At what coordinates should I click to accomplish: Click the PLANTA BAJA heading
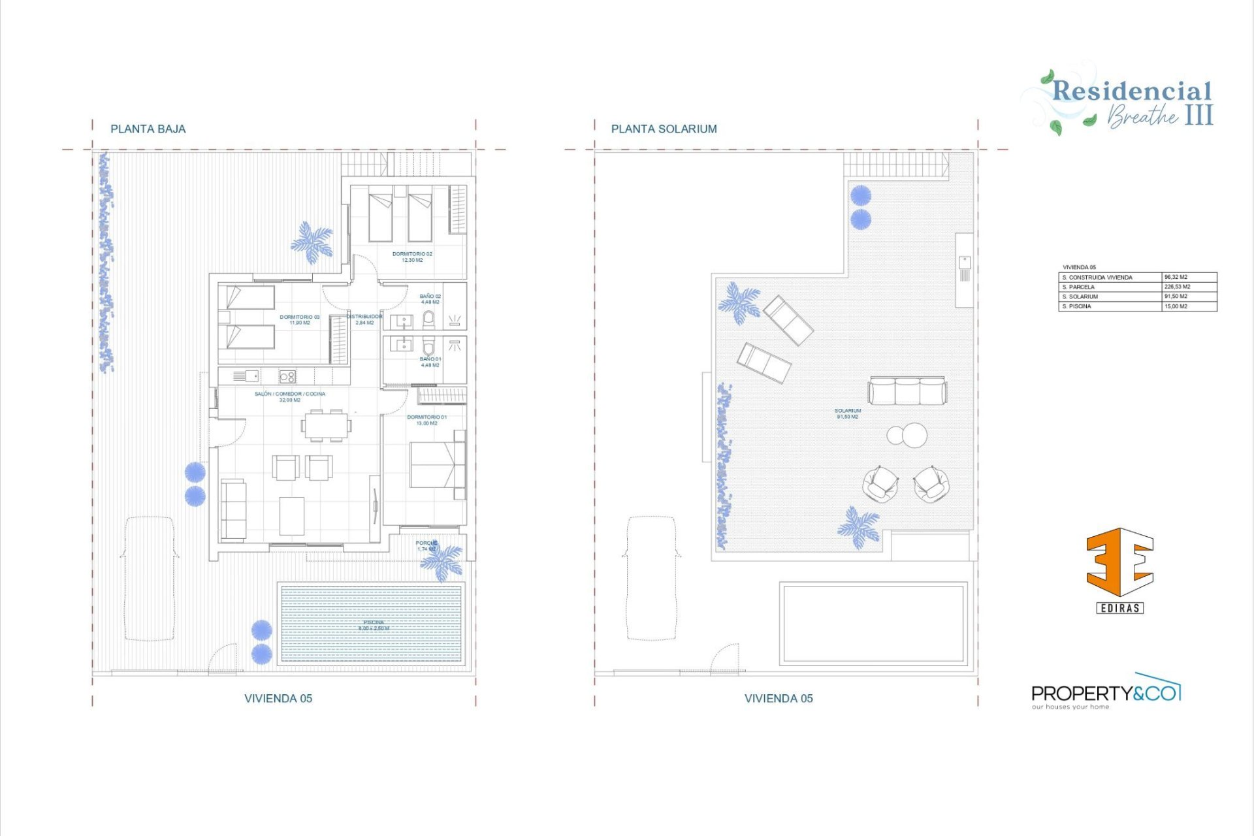148,129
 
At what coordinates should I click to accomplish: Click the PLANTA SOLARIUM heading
664,129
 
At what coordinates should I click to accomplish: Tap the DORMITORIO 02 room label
411,257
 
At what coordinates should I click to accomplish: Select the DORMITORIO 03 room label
300,319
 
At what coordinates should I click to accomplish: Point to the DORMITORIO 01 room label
426,420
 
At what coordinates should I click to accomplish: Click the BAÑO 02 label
430,299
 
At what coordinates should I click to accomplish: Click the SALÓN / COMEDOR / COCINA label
289,396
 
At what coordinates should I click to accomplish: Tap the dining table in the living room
326,426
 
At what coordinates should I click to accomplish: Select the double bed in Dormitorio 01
432,465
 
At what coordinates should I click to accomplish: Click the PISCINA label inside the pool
374,625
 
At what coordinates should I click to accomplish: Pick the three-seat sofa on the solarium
907,391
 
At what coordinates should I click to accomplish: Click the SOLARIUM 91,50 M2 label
847,413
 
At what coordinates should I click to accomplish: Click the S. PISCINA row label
1076,306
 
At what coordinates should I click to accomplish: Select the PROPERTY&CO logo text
1105,694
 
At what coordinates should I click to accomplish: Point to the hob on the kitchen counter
287,376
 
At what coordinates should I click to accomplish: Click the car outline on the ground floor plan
150,578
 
